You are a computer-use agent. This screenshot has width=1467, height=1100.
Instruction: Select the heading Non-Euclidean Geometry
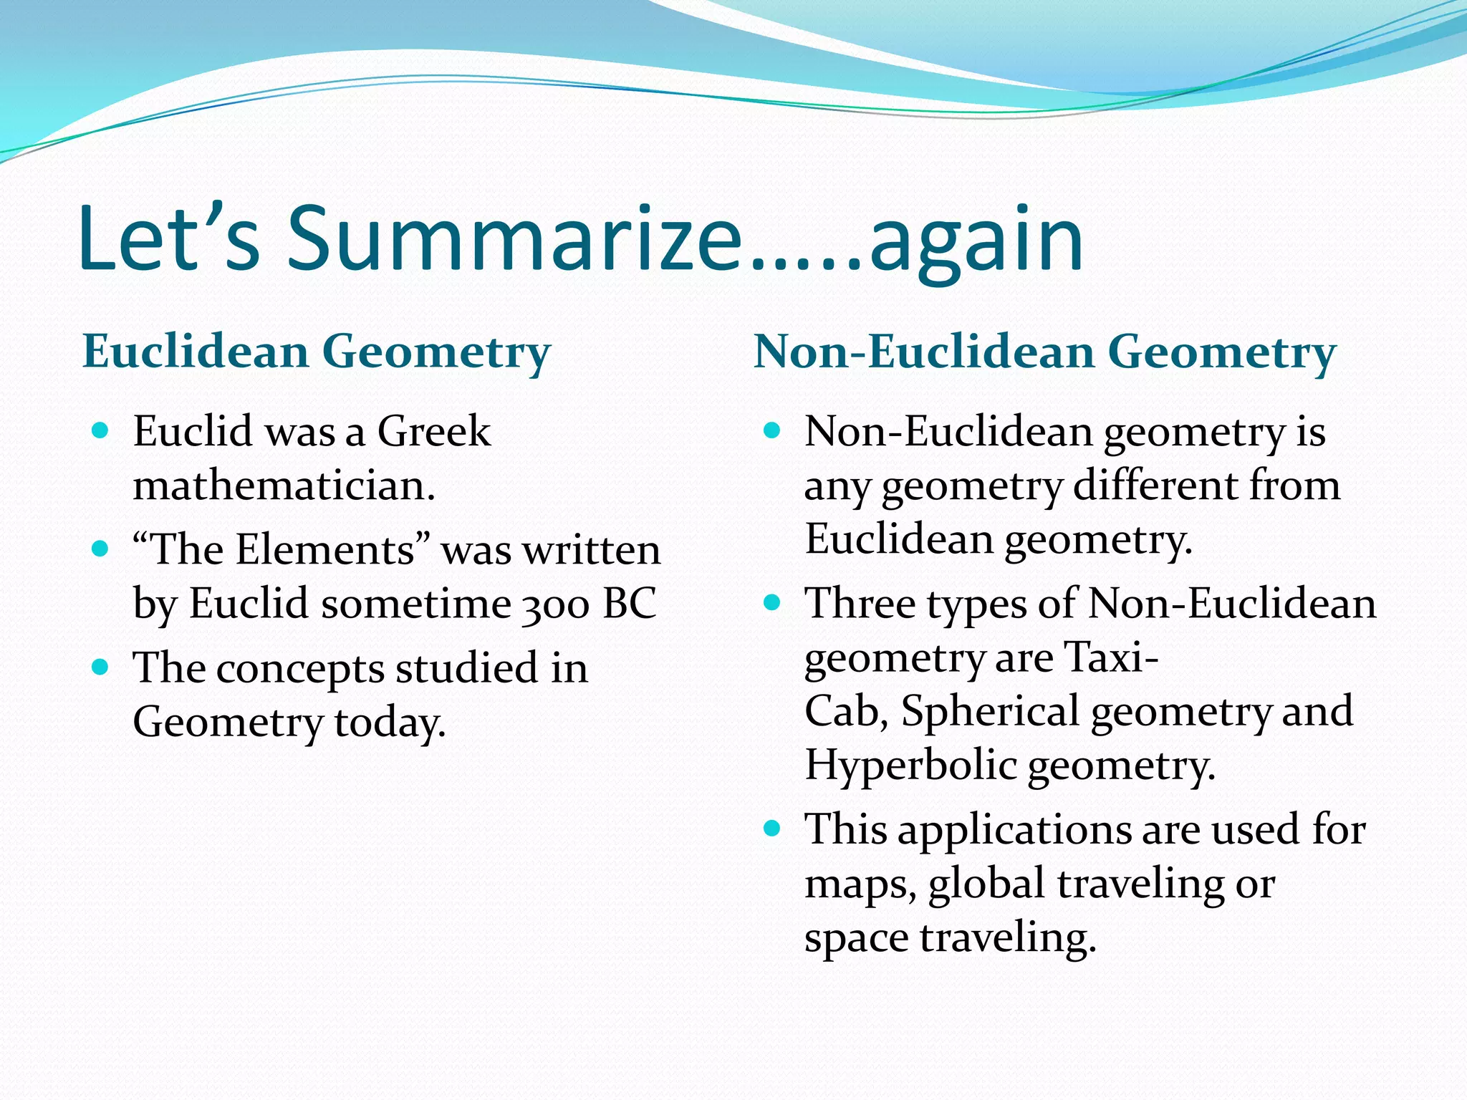[x=1044, y=353]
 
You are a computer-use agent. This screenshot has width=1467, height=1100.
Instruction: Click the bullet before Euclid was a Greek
[x=101, y=430]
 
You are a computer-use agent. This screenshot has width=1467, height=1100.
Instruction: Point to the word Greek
[x=434, y=432]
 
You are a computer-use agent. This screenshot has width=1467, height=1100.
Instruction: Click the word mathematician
[x=284, y=486]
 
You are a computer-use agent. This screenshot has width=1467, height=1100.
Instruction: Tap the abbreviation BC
[x=630, y=603]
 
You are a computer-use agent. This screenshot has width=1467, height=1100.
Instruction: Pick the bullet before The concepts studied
[x=101, y=667]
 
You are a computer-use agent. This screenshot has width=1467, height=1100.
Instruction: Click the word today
[x=390, y=723]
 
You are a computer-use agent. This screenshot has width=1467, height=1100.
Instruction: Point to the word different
[x=1155, y=486]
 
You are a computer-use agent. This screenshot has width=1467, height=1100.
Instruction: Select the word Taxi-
[x=1111, y=657]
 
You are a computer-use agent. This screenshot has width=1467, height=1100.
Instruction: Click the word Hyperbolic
[x=910, y=766]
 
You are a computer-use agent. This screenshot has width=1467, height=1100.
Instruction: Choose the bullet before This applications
[x=771, y=829]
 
